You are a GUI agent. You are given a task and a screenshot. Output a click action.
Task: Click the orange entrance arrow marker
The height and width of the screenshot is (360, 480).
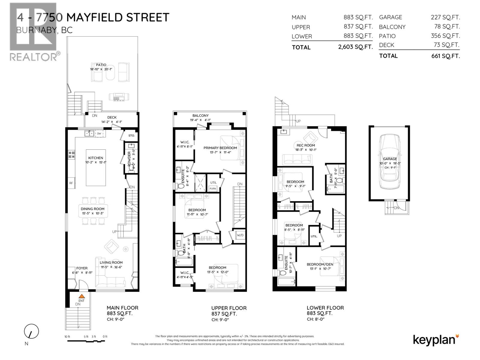[x=79, y=296]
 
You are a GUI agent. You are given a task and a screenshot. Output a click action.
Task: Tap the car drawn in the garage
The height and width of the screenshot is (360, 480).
[x=389, y=162]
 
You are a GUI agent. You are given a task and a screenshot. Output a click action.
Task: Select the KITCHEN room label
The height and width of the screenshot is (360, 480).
[x=95, y=158]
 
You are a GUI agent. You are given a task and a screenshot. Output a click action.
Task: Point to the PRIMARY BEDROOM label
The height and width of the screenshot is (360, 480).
[x=220, y=148]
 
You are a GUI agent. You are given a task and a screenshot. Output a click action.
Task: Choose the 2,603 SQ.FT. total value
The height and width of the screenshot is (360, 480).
[x=355, y=47]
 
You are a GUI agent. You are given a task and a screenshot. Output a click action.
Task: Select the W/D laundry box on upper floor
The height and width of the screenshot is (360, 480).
[x=240, y=235]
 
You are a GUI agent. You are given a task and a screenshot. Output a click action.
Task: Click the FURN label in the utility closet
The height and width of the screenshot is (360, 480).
[x=213, y=188]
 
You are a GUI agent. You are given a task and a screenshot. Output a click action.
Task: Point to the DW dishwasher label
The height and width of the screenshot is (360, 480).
[x=99, y=133]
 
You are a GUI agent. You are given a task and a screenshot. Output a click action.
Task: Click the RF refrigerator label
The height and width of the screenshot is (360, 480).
[x=71, y=183]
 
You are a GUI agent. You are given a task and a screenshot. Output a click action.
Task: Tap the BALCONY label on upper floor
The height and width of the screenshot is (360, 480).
[x=200, y=115]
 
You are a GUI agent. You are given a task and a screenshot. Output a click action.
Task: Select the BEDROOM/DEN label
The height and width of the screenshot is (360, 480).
[x=319, y=264]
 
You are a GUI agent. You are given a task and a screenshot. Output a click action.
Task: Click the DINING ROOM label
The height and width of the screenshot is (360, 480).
[x=92, y=209]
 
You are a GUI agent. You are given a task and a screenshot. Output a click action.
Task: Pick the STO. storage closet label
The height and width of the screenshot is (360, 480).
[x=131, y=136]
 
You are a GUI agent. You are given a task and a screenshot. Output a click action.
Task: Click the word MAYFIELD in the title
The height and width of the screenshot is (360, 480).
[x=94, y=17]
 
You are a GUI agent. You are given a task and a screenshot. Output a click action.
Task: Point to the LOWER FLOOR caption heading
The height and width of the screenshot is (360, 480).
[x=325, y=308]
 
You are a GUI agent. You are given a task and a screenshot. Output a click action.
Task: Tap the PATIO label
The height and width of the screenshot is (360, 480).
[x=101, y=65]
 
